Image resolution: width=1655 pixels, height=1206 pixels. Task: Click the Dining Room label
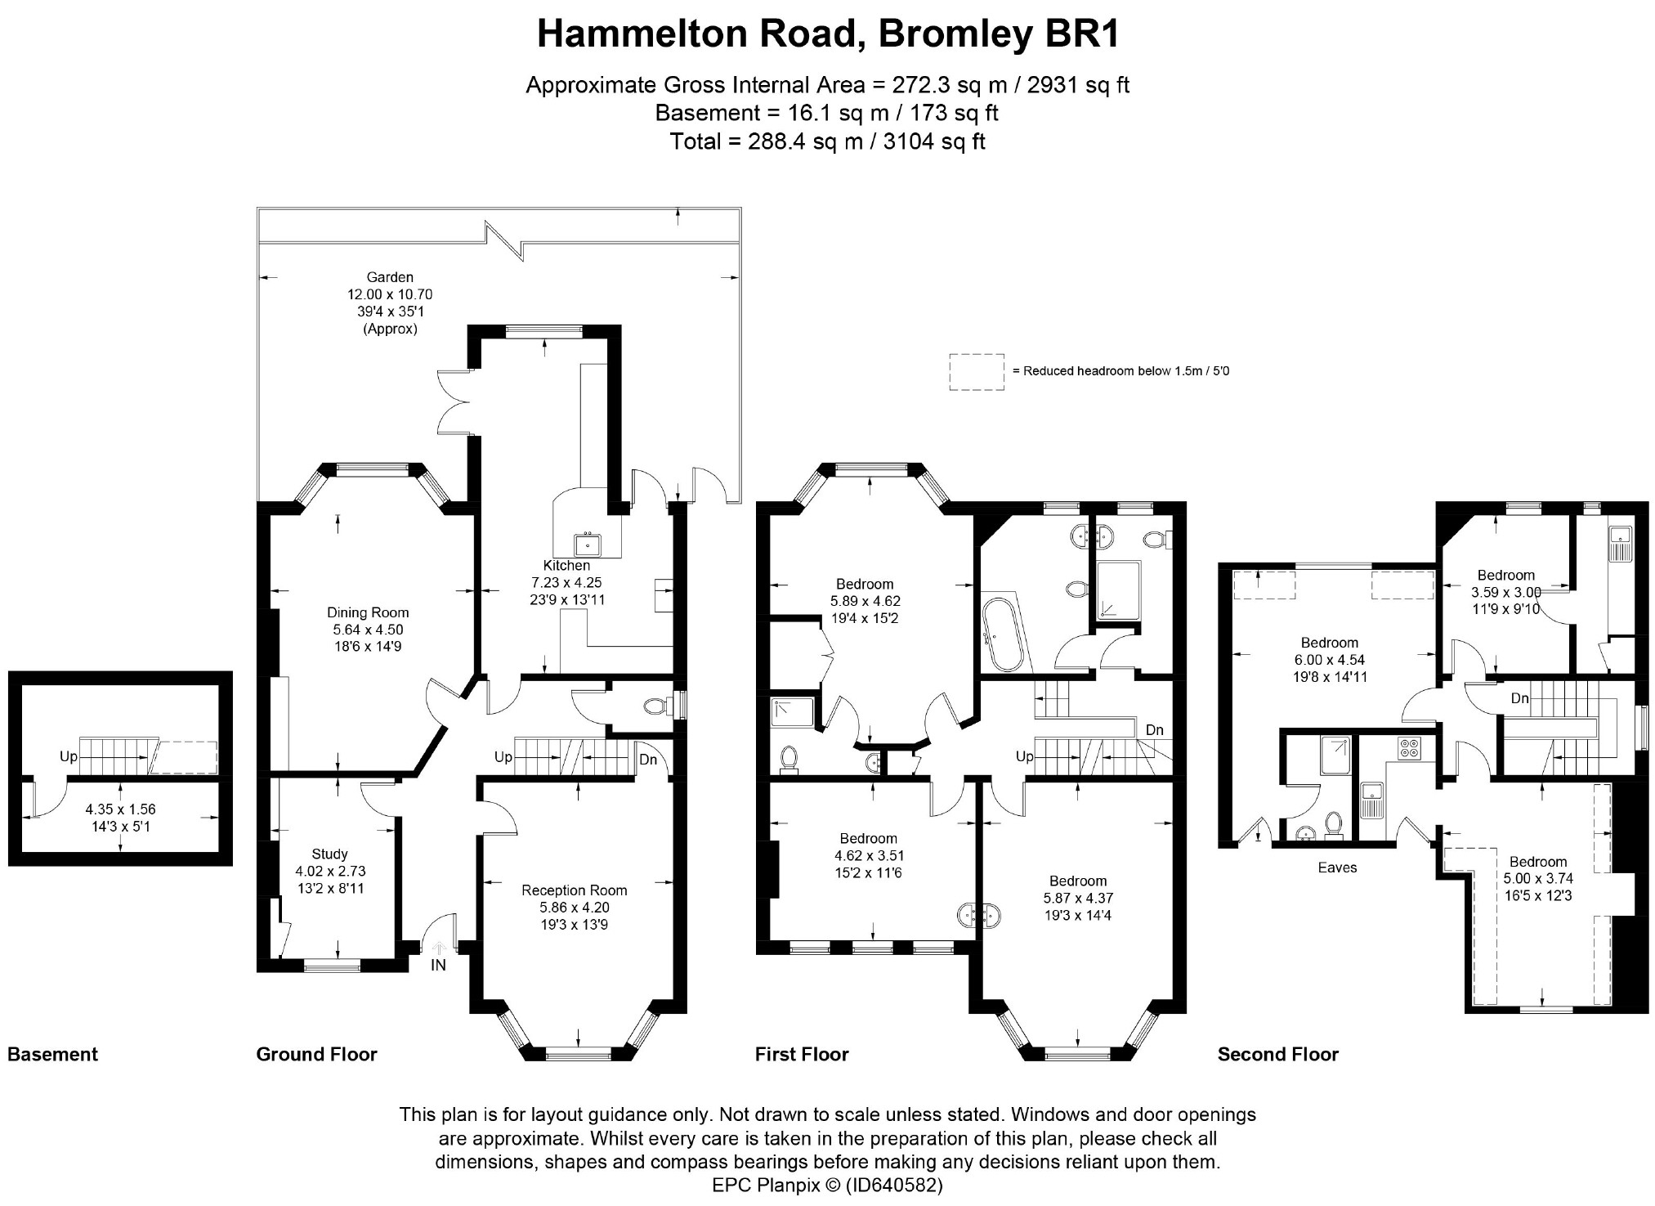[368, 612]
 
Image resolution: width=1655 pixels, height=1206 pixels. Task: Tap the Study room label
[329, 854]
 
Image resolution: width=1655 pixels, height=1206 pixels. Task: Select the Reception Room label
[575, 890]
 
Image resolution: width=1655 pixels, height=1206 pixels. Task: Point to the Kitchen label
[566, 565]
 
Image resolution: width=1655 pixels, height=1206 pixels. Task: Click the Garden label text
[390, 277]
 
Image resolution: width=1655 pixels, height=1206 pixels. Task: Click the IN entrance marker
[439, 965]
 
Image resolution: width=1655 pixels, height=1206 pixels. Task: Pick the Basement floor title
[52, 1055]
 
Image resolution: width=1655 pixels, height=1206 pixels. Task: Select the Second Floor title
[1278, 1055]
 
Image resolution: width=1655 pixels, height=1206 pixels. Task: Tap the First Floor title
[802, 1055]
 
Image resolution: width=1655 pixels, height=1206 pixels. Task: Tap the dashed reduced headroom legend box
[977, 372]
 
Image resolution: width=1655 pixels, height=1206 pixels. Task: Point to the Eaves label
[1337, 868]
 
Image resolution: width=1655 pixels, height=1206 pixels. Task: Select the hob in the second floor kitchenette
[1409, 748]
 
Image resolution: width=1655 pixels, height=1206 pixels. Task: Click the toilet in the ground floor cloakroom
[656, 705]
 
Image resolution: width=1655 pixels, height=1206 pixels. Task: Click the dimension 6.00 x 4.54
[1330, 660]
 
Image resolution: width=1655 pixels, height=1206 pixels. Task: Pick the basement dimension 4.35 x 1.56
[120, 809]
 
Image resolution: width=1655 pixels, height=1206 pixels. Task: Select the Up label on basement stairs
[69, 757]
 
